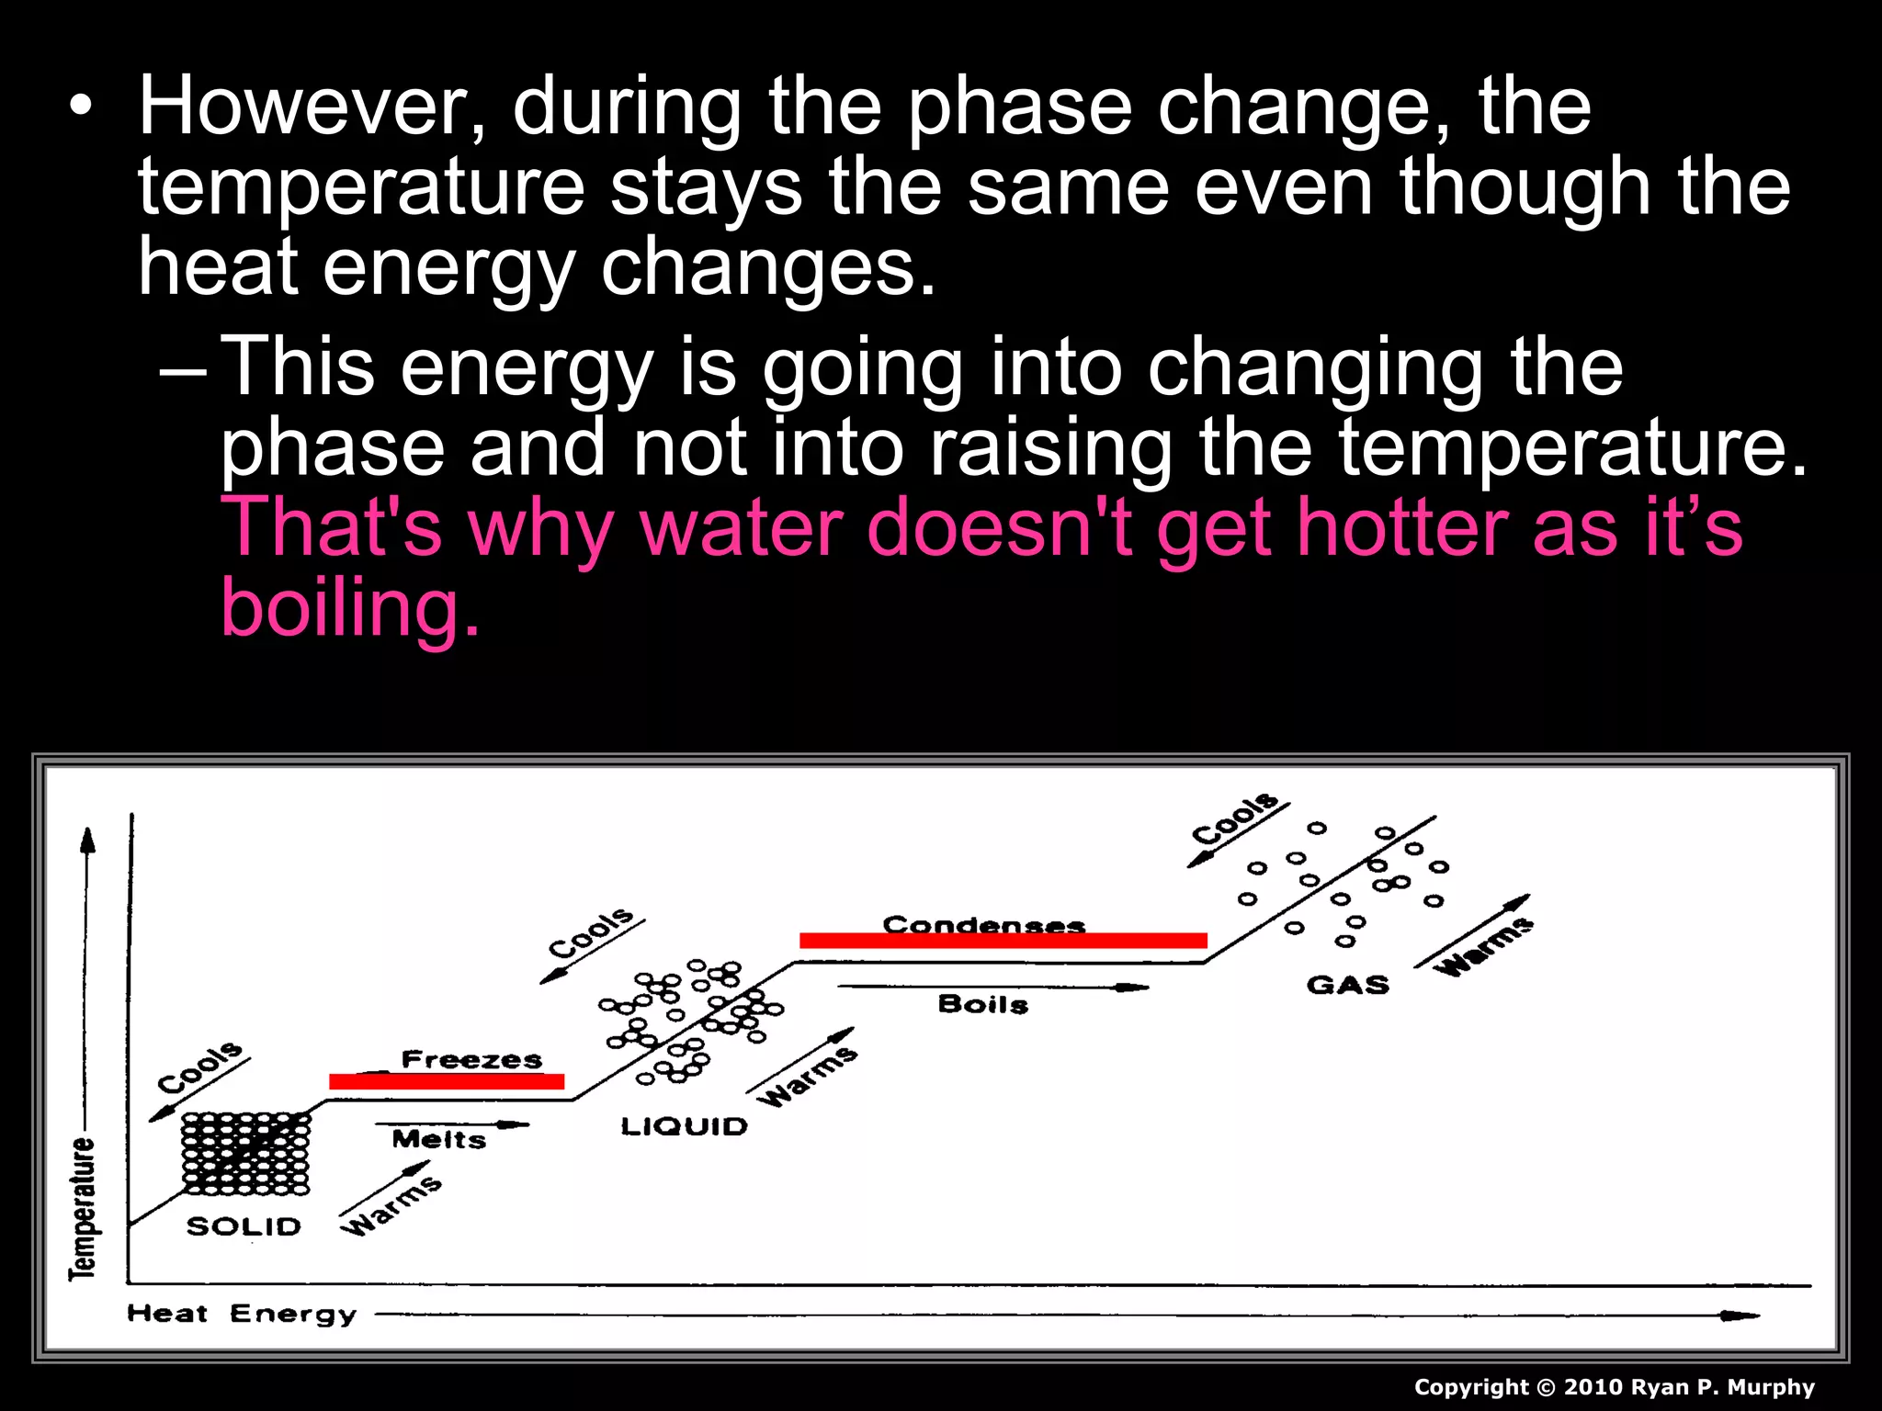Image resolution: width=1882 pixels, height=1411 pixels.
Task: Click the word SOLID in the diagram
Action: [244, 1226]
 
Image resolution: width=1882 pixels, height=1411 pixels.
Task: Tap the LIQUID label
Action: [685, 1126]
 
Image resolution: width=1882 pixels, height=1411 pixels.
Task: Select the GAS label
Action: [1348, 986]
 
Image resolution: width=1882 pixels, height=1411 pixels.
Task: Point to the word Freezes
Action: [471, 1059]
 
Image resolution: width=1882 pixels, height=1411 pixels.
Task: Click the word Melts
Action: [439, 1139]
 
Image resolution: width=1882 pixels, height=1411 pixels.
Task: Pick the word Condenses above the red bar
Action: [984, 924]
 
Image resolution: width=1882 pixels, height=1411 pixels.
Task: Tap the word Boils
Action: [983, 1004]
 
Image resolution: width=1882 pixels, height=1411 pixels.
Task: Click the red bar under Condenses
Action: [1003, 941]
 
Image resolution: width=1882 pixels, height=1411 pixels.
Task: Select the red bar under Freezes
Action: [447, 1082]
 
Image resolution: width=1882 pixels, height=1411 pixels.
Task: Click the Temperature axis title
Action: [83, 1208]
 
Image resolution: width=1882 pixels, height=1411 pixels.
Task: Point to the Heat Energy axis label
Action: [242, 1314]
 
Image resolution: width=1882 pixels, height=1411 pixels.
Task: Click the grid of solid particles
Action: [245, 1154]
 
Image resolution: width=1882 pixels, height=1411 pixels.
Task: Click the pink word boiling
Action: [349, 608]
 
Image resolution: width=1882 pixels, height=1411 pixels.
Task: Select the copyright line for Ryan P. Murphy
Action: [1614, 1387]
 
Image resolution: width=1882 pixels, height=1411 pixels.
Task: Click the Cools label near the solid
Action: [200, 1067]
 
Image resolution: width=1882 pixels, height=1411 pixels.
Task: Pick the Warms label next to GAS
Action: [1483, 946]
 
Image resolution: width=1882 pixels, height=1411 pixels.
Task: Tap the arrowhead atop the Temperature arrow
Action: [88, 839]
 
